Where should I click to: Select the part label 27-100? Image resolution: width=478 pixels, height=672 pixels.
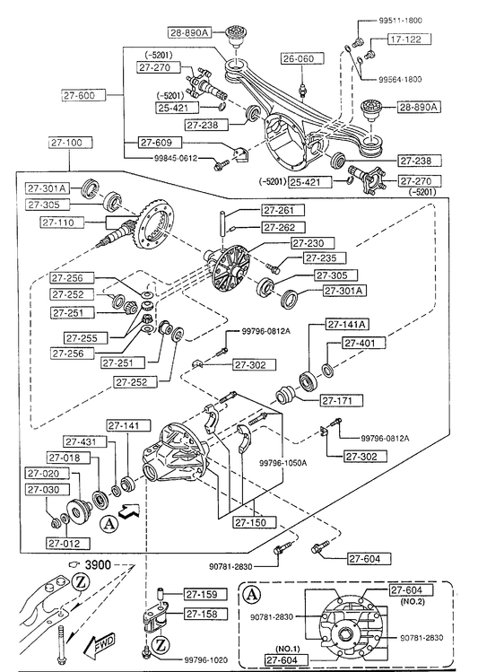coord(66,143)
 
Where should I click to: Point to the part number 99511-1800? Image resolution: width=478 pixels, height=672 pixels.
coord(401,20)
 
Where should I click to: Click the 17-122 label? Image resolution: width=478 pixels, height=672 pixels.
coord(410,39)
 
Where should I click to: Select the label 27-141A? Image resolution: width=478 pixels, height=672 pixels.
coord(347,325)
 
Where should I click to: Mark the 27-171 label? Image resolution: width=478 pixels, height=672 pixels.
coord(342,401)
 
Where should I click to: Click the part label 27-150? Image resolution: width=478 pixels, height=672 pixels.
coord(255,522)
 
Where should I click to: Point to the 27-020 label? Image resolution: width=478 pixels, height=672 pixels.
coord(48,474)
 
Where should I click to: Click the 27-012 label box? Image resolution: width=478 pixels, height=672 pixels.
coord(68,544)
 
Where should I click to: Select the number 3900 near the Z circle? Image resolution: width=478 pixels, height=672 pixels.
coord(98,565)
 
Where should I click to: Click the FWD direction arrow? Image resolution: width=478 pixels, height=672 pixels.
coord(99,644)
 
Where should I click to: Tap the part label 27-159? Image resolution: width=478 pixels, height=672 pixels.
coord(205,595)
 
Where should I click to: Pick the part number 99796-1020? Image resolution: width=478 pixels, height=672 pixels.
coord(206,660)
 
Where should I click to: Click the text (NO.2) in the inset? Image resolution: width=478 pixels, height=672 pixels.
coord(412,601)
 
